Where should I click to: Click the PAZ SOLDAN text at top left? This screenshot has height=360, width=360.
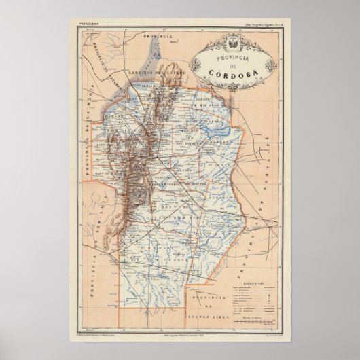tap(82, 24)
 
